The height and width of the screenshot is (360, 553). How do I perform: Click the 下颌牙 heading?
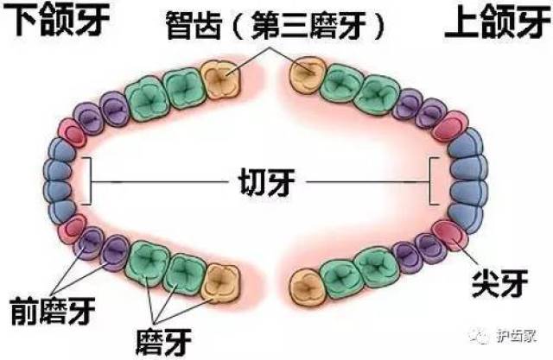tap(56, 19)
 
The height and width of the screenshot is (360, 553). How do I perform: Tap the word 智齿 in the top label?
tap(194, 25)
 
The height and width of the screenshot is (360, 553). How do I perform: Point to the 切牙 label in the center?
tap(267, 182)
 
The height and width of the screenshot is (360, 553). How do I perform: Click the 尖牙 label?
tap(499, 283)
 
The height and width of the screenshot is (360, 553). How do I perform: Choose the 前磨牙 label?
tap(53, 311)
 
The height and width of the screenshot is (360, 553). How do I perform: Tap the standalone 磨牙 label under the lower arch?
tap(163, 342)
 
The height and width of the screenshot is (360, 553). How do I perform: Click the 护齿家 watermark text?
tap(517, 336)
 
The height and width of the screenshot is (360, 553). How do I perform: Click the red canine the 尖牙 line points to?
tap(450, 236)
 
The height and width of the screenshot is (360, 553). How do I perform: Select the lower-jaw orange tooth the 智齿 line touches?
tap(221, 79)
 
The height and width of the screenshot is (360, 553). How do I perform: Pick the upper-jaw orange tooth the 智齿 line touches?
tap(307, 75)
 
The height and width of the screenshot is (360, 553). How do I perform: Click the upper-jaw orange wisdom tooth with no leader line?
tap(308, 287)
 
